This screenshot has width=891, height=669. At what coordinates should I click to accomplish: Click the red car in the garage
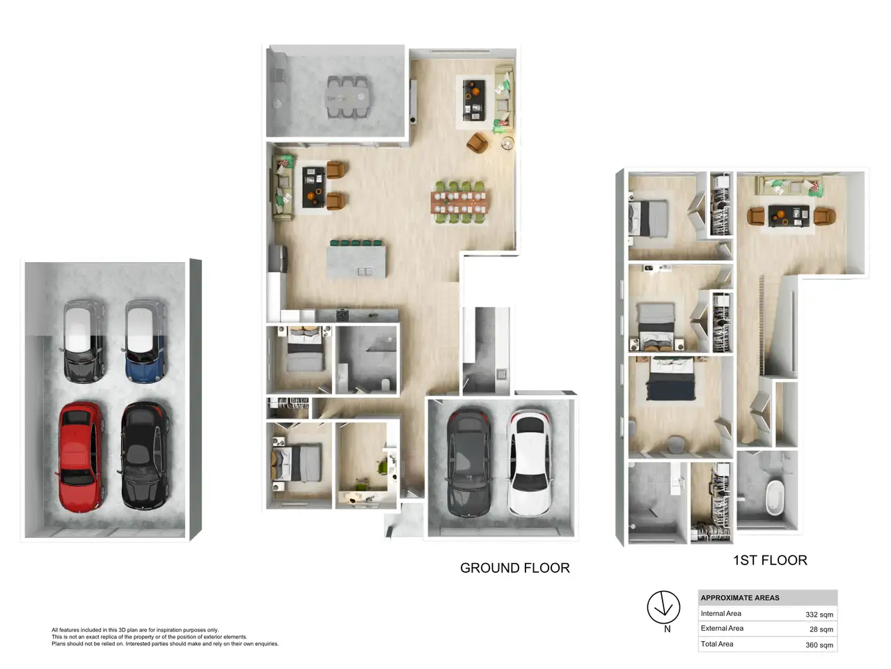[80, 456]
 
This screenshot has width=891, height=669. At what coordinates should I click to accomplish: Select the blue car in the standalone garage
[145, 341]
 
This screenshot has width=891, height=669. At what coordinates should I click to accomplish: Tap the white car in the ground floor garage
[529, 463]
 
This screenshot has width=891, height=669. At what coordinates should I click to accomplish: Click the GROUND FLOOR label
[514, 567]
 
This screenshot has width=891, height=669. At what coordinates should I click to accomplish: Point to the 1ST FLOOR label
[770, 560]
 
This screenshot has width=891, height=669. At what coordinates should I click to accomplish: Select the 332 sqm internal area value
[819, 615]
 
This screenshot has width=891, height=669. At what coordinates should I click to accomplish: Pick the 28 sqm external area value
[821, 629]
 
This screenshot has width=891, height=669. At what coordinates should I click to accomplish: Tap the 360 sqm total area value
[819, 645]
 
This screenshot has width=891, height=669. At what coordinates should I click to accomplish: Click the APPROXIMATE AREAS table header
[739, 597]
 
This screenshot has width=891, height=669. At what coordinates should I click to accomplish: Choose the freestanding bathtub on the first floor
[775, 498]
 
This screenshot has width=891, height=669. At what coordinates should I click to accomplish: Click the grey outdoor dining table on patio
[347, 97]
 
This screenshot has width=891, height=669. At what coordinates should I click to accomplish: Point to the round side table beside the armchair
[507, 143]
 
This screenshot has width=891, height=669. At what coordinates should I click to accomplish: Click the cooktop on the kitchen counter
[343, 316]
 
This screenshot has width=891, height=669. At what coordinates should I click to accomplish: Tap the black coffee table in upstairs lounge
[788, 215]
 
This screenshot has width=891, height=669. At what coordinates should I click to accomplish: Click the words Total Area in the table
[717, 644]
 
